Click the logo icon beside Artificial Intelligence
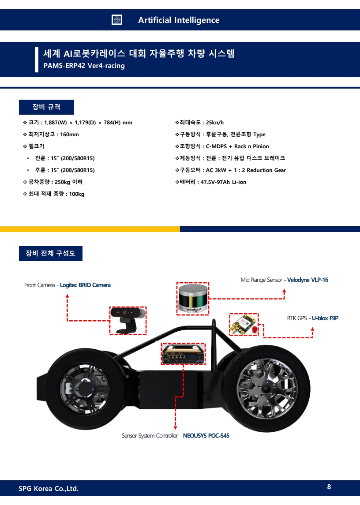coord(117,20)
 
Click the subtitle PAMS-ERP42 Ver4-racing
coord(84,66)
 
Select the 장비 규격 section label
coord(46,107)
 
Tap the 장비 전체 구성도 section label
coord(50,253)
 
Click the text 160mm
coord(69,135)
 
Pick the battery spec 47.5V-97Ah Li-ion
coord(223,182)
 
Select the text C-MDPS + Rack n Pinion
coord(237,146)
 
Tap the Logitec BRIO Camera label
coord(85,285)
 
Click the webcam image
coord(127,319)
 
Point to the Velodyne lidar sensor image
coord(192,299)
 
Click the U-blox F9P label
coord(325,318)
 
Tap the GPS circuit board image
coord(244,325)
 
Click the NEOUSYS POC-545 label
coord(206,436)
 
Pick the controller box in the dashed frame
coord(183,354)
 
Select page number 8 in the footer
coord(329,487)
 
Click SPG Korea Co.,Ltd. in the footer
coord(49,488)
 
